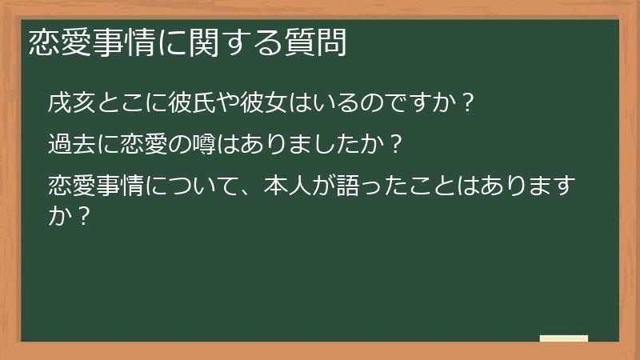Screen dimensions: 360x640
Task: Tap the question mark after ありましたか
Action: click(394, 146)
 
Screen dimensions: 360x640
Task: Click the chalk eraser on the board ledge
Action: click(564, 339)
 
